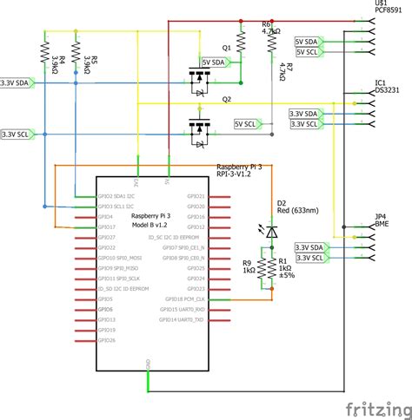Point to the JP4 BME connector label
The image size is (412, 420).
click(x=381, y=220)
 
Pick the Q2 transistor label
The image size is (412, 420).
click(x=227, y=99)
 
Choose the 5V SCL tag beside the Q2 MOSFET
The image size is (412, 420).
click(x=249, y=125)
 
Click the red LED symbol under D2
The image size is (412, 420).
click(x=271, y=232)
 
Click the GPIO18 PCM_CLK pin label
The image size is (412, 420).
click(x=181, y=299)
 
